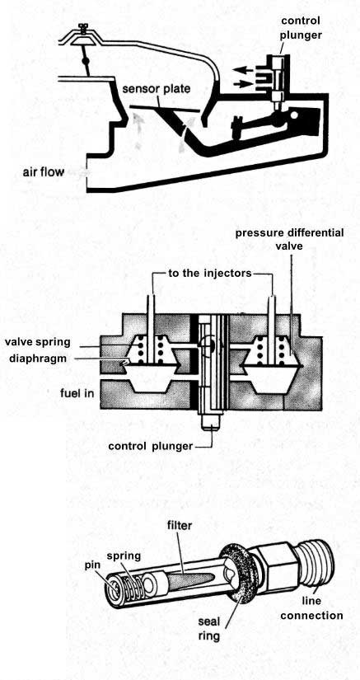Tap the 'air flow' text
[43, 172]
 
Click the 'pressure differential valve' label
[289, 239]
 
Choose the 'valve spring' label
[38, 342]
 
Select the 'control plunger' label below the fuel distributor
[150, 446]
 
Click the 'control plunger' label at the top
[301, 28]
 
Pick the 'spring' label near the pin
[124, 556]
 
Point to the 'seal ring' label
[209, 628]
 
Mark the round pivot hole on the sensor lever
[295, 115]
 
